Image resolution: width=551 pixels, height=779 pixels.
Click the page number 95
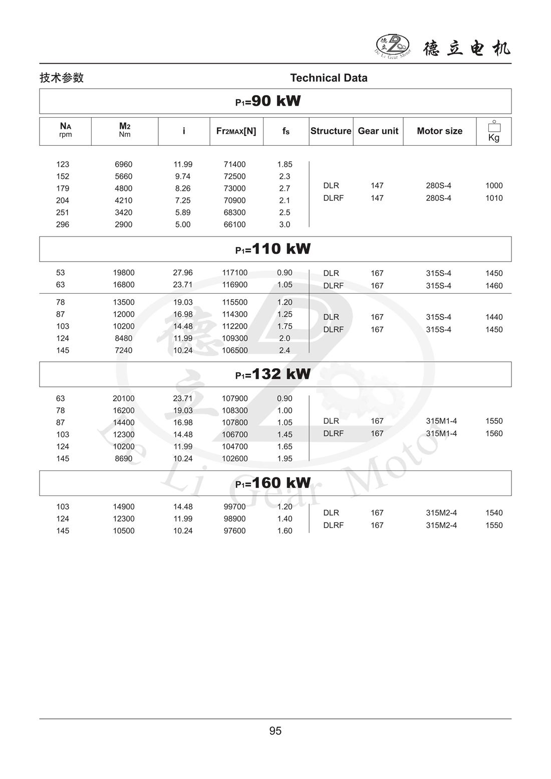tap(275, 731)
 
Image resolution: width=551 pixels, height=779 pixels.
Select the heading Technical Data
tap(329, 78)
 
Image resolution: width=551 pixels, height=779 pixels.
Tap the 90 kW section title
tap(268, 101)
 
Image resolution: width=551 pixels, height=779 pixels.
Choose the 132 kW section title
tap(273, 374)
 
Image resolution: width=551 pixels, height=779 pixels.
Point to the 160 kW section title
tap(273, 483)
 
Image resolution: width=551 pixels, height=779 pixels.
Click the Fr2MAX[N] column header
tap(236, 131)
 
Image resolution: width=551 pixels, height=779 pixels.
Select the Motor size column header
tap(439, 131)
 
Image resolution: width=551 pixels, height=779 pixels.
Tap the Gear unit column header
tap(378, 131)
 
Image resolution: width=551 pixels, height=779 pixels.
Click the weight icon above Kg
tap(494, 126)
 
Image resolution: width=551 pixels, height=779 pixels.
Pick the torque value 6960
tap(124, 164)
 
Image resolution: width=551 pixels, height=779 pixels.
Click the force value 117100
tap(234, 273)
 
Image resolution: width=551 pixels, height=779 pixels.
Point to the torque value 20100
tap(124, 399)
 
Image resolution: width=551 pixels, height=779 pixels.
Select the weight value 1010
tap(494, 198)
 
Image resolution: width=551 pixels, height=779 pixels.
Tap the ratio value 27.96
tap(183, 273)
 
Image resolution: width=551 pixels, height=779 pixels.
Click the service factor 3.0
tap(285, 224)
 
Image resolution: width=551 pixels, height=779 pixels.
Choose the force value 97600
tap(234, 531)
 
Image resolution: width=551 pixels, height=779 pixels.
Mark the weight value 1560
tap(494, 434)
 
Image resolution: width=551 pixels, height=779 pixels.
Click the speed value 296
tap(63, 224)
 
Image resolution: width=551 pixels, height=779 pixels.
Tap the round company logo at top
tap(393, 46)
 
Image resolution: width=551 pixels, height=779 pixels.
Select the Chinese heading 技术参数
tap(62, 78)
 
